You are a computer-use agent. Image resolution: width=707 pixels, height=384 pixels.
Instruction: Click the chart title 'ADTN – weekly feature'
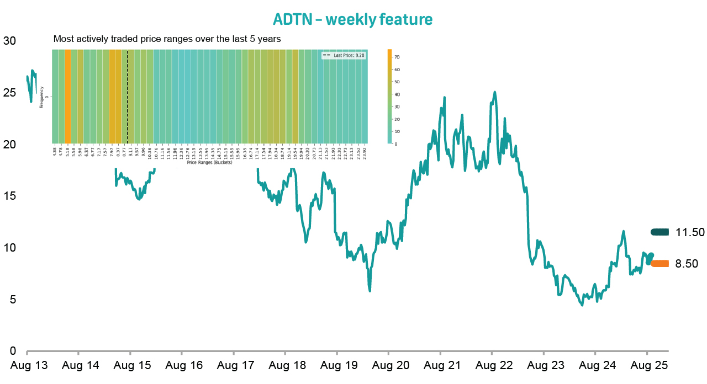[x=352, y=20]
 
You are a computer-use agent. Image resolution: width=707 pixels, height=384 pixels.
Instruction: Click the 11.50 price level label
[x=690, y=232]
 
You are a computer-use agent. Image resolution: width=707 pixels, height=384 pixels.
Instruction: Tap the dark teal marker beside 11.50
[x=659, y=232]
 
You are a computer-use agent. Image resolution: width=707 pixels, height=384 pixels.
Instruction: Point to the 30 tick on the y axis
[x=9, y=41]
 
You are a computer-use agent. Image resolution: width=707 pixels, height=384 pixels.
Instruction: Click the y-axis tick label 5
[x=12, y=300]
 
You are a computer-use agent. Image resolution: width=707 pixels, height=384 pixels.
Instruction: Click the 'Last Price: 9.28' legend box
[x=343, y=55]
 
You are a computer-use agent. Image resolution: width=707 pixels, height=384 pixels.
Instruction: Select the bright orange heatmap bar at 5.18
[x=68, y=97]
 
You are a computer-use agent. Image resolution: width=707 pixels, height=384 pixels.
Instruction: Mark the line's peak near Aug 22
[x=494, y=92]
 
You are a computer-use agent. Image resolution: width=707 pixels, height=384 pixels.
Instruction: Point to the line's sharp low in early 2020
[x=370, y=291]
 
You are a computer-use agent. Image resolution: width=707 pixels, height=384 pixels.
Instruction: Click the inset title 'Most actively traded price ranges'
[x=167, y=39]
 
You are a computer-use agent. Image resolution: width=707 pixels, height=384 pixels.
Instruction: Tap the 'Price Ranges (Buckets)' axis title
[x=209, y=163]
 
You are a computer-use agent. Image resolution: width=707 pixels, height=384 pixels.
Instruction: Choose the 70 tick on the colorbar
[x=397, y=57]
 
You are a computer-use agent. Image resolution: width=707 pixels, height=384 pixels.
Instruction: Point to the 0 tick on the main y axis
[x=12, y=351]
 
